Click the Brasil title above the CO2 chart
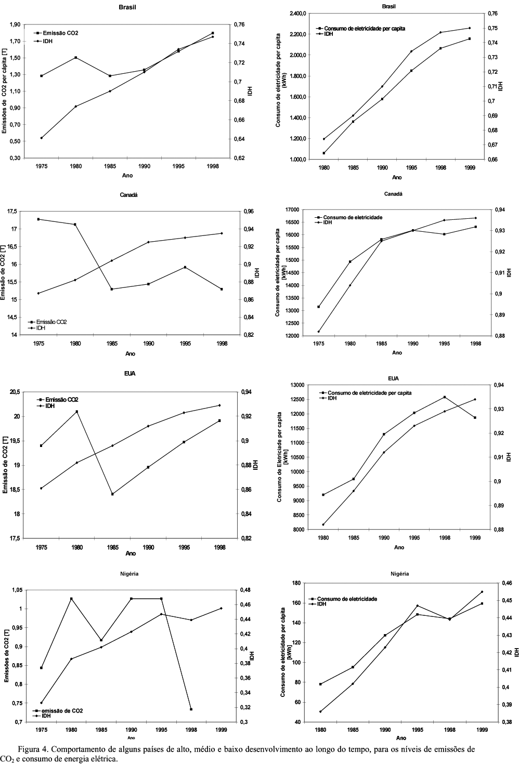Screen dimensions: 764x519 point(127,7)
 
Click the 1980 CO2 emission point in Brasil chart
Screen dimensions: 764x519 point(75,58)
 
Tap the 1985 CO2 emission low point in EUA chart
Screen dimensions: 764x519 point(112,494)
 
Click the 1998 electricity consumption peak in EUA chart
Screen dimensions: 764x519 point(444,397)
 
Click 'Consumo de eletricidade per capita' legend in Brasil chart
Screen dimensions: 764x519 point(365,28)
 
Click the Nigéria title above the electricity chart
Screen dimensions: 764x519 point(399,574)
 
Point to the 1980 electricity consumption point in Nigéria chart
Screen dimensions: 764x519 point(320,684)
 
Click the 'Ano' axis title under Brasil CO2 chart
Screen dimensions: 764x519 point(127,176)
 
